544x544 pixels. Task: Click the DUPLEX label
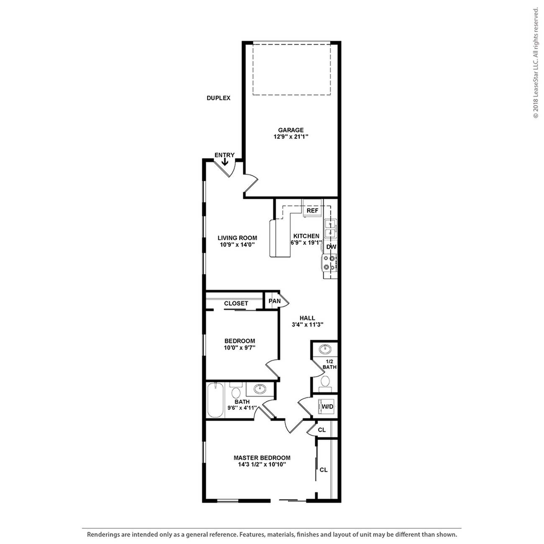point(218,98)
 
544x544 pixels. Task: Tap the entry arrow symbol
point(225,162)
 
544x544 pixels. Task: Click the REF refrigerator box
point(312,211)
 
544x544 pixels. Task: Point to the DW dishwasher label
point(331,247)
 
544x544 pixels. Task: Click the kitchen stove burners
point(328,263)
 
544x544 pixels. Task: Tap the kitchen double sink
point(331,228)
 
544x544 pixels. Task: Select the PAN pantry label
point(275,301)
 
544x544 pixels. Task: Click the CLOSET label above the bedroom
point(236,304)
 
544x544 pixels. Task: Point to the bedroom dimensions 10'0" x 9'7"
point(239,347)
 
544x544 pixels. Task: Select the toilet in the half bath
point(325,382)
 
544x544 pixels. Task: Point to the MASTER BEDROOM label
point(262,458)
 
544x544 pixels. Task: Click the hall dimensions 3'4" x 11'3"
point(308,325)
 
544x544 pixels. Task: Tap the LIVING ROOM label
point(237,238)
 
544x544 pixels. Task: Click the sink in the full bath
point(260,389)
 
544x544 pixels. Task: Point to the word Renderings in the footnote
point(103,534)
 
